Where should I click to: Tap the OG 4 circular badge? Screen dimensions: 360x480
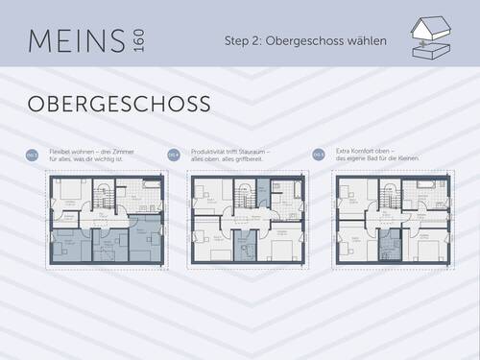174,154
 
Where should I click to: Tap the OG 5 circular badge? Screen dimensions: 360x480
316,154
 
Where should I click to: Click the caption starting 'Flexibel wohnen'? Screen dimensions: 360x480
95,154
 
